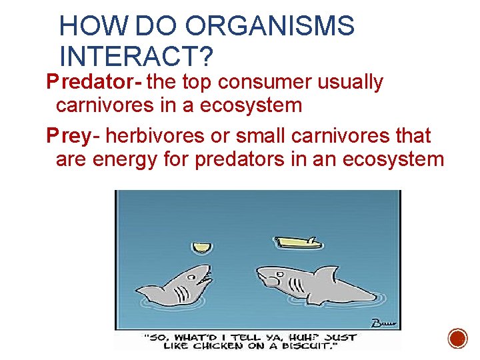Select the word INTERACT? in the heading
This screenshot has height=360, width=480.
(136, 56)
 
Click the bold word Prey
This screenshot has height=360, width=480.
(68, 137)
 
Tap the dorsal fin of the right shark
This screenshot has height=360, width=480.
(327, 272)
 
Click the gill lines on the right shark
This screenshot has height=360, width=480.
(299, 287)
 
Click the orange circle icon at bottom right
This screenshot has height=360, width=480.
(457, 338)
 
